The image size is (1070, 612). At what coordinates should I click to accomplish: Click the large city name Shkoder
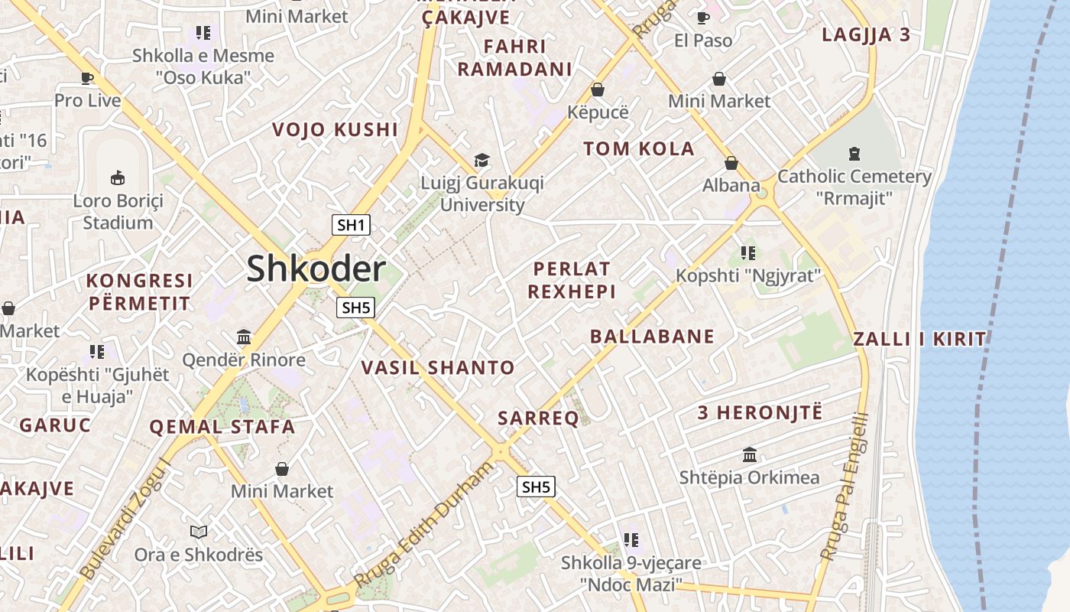(x=316, y=269)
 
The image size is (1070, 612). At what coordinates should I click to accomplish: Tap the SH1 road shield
(x=352, y=225)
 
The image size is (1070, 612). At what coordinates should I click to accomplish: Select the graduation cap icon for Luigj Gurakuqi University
(x=481, y=160)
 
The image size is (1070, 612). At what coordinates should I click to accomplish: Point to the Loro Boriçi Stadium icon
(x=118, y=178)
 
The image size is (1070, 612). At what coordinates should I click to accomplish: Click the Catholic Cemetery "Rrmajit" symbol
(x=854, y=154)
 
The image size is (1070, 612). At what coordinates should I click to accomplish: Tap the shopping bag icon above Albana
(x=731, y=163)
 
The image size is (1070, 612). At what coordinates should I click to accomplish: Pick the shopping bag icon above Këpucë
(x=598, y=90)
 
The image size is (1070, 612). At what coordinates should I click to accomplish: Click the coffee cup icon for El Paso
(x=702, y=18)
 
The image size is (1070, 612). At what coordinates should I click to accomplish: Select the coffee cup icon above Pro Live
(x=87, y=77)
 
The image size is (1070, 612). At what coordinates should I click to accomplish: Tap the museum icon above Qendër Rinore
(x=244, y=337)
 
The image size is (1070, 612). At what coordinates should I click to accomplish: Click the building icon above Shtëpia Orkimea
(x=750, y=454)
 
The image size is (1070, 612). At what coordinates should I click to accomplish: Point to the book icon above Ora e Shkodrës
(x=199, y=532)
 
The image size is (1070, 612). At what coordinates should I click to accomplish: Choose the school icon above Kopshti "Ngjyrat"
(x=747, y=252)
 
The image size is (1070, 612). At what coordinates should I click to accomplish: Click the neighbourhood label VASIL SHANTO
(x=438, y=368)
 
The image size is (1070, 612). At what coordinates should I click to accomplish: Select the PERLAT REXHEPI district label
(x=572, y=280)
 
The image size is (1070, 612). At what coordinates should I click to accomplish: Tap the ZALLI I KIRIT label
(x=919, y=339)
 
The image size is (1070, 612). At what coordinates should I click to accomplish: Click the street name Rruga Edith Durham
(x=425, y=526)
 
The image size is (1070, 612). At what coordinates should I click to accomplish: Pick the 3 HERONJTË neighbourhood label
(x=760, y=413)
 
